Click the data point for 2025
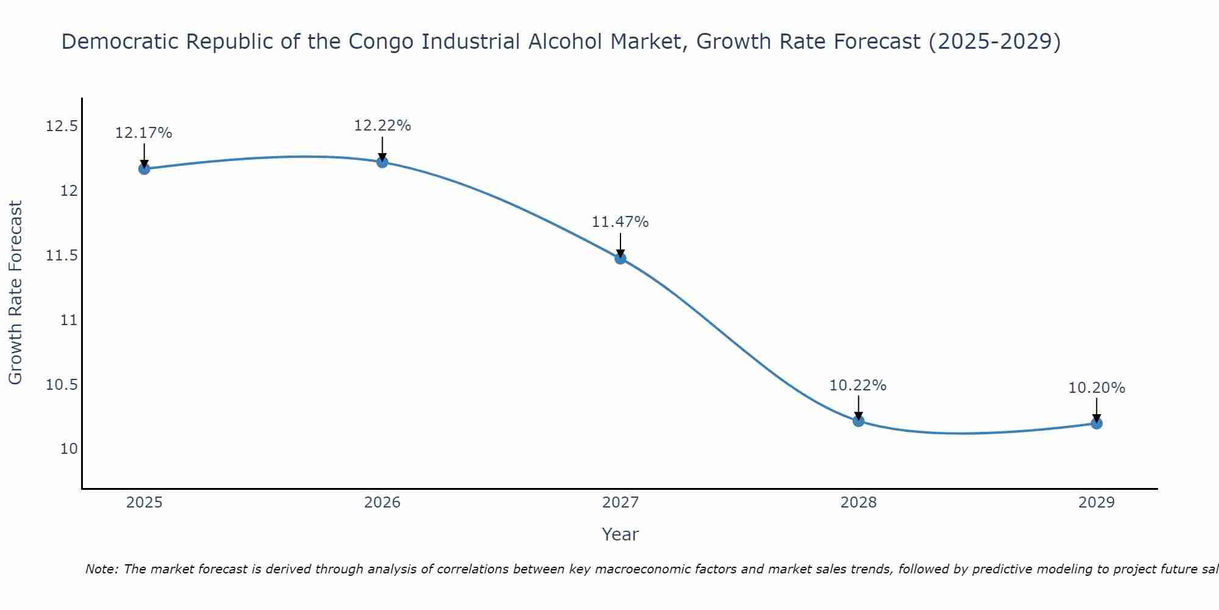coord(144,169)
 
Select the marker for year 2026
coord(382,162)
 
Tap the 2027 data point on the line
coord(620,259)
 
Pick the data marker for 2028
coord(858,421)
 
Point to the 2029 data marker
coord(1096,423)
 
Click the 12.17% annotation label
coord(144,133)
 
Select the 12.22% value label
coord(382,126)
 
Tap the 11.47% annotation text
coord(620,222)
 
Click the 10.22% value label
coord(858,386)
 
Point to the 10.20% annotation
coord(1096,388)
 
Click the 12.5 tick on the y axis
coord(62,127)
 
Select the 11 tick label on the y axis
coord(69,320)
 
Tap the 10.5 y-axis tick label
coord(62,385)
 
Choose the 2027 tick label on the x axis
coord(620,503)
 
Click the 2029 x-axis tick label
coord(1096,503)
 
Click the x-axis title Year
coord(620,534)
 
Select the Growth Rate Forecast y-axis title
coord(15,293)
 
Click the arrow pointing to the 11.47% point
coord(620,245)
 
